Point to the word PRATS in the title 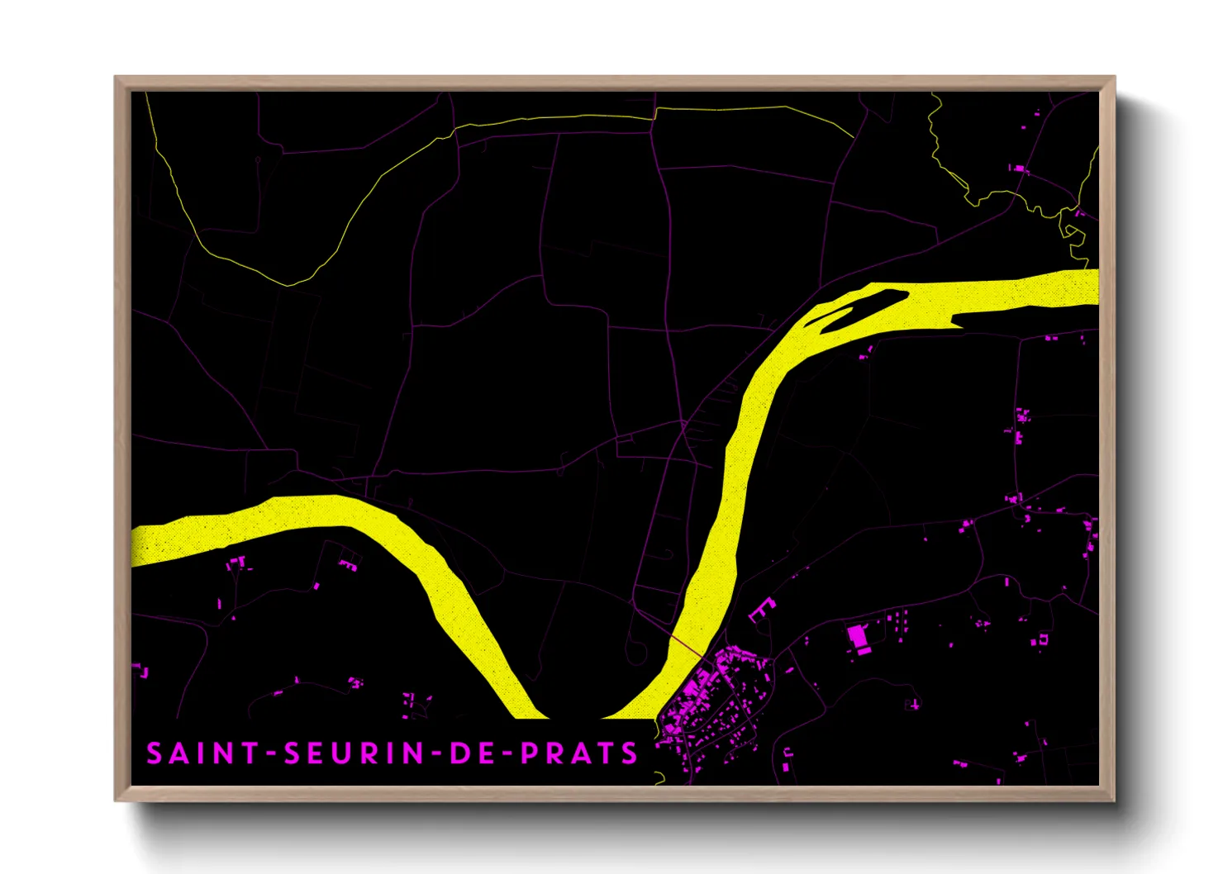(579, 753)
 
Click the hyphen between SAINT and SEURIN (271, 754)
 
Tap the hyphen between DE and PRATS (507, 754)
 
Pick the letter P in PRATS (529, 753)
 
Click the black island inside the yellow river (859, 310)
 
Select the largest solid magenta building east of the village (859, 639)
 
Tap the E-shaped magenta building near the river (761, 610)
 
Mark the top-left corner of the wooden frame (117, 78)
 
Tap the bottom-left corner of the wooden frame (117, 800)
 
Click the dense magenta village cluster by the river (711, 702)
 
